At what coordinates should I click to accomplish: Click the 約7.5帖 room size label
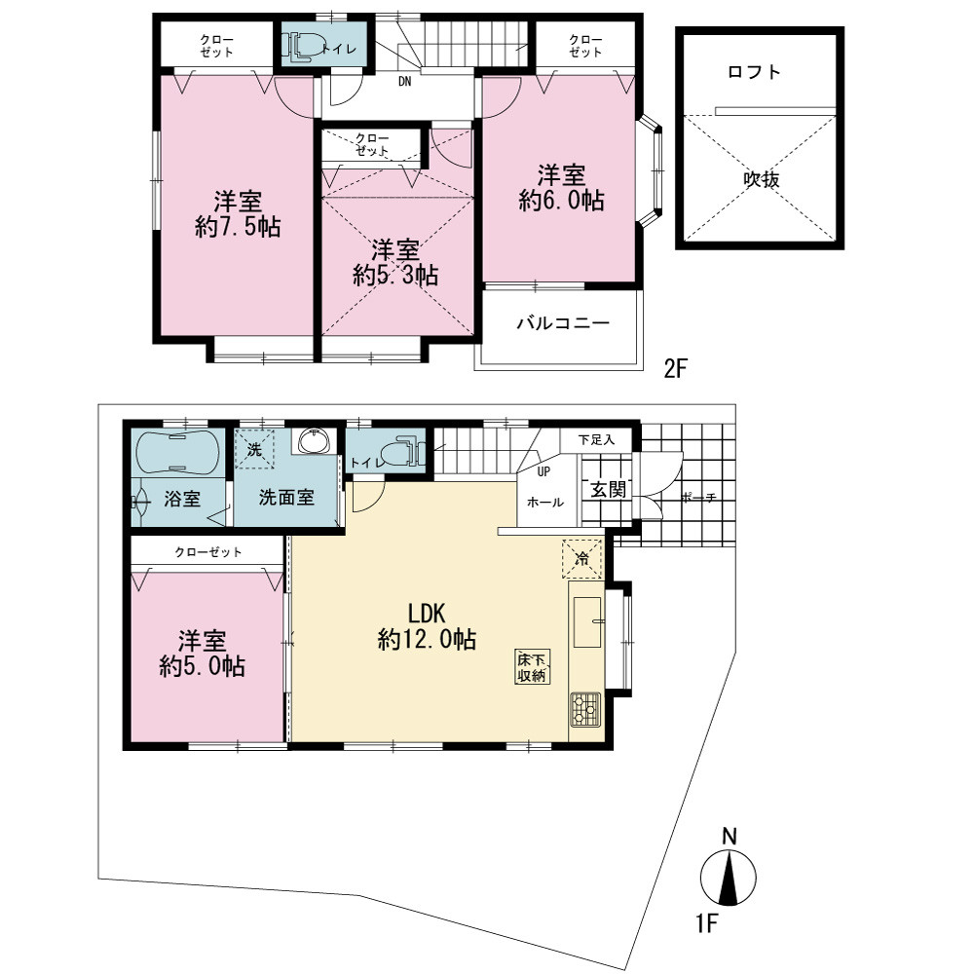coord(238,227)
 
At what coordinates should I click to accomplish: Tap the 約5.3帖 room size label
coord(395,276)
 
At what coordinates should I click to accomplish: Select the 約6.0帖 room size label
coord(562,200)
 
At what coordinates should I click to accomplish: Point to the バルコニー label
coord(563,323)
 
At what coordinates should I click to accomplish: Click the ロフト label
coord(754,72)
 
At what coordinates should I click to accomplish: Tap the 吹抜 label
coord(762,179)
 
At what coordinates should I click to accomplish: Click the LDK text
coord(427,614)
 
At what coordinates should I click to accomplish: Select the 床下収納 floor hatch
coord(533,666)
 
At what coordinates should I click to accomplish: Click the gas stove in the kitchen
coord(585,709)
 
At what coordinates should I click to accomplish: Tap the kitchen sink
coord(587,622)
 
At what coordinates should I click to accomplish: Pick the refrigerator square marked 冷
coord(582,558)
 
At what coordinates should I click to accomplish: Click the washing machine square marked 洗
coord(254,448)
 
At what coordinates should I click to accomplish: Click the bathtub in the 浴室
coord(177,453)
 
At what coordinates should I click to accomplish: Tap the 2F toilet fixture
coord(305,47)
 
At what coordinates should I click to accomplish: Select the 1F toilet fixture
coord(401,452)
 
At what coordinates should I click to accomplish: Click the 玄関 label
coord(608,490)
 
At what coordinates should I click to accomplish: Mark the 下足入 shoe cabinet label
coord(596,440)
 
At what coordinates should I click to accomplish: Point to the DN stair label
coord(404,82)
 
